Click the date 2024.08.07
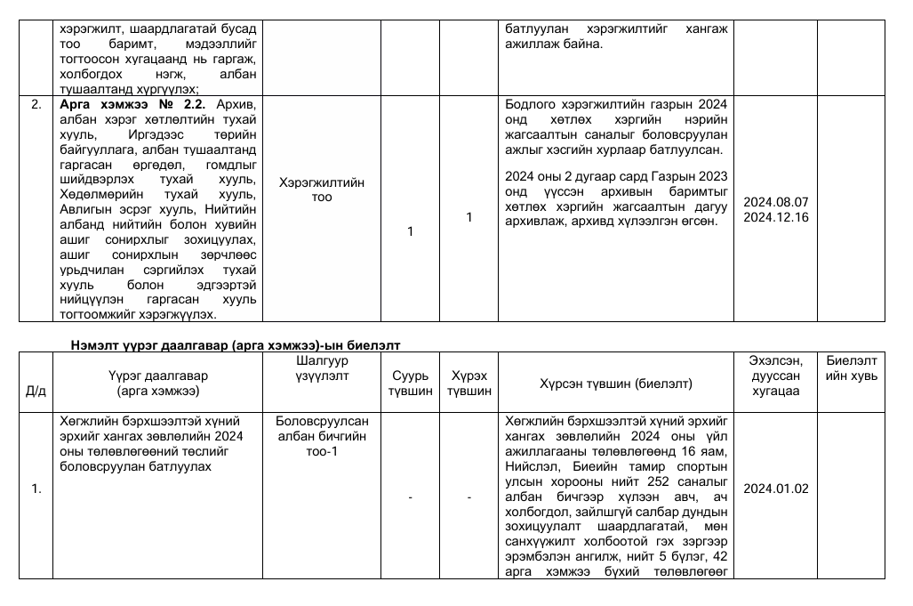coord(776,202)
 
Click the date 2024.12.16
coord(776,217)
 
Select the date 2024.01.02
coord(776,489)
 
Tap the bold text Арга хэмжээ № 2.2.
coord(132,104)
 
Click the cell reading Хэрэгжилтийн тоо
coord(322,189)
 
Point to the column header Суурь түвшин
coord(410,383)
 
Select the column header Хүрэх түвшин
coord(469,383)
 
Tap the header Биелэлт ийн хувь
coord(851,368)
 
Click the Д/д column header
coord(36,391)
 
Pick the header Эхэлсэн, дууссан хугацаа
coord(776,376)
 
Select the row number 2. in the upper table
coord(36,104)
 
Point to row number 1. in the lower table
coord(36,489)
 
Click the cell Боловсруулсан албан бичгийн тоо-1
coord(322,436)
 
